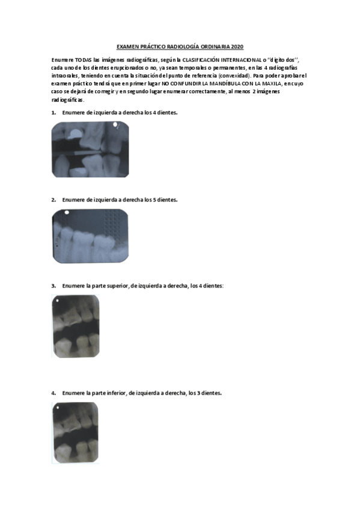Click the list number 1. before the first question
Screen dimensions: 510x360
click(x=53, y=112)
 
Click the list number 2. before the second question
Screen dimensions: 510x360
click(x=53, y=199)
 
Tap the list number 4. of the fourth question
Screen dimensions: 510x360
click(x=53, y=393)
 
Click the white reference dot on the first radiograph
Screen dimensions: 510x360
click(x=115, y=124)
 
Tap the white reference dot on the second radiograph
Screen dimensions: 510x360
click(x=66, y=213)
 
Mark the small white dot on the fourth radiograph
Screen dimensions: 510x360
click(x=56, y=407)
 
